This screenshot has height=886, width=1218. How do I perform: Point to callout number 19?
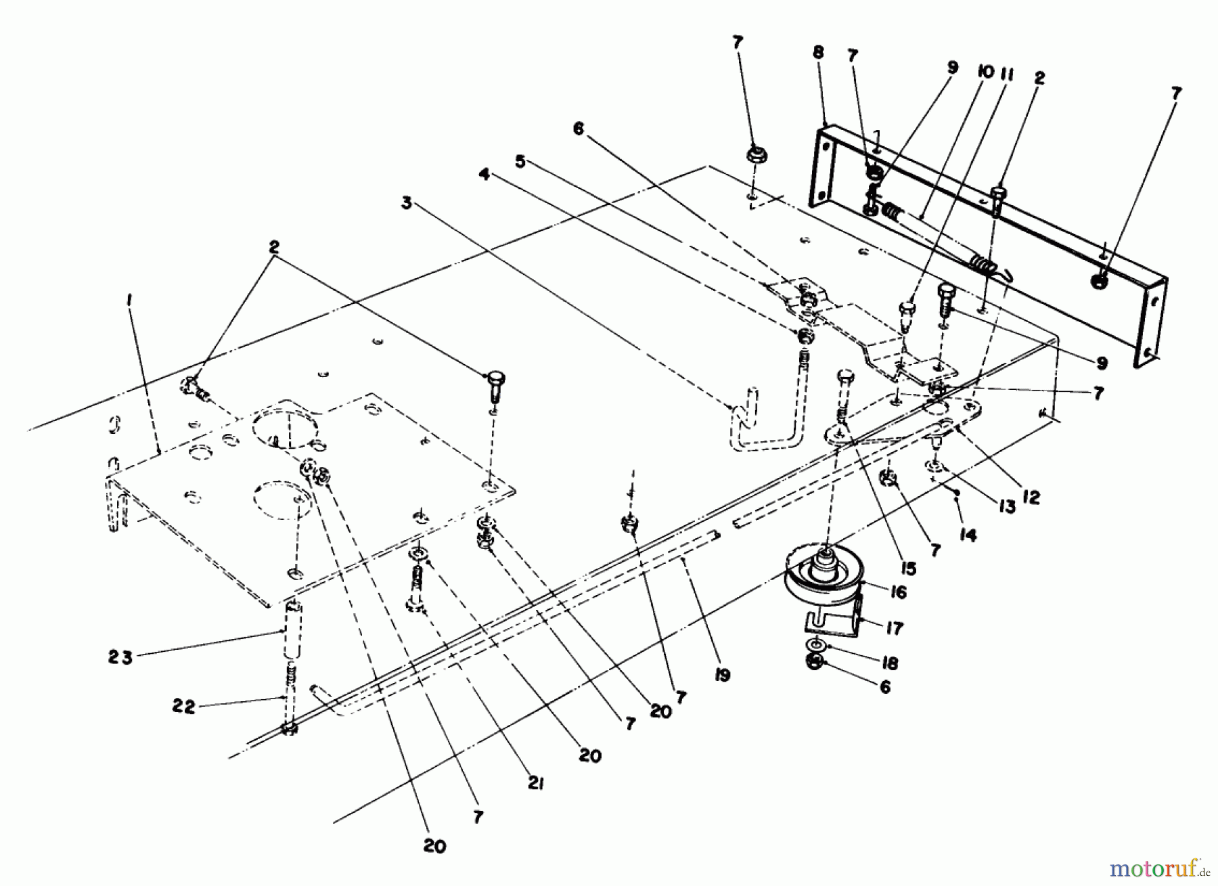pyautogui.click(x=723, y=674)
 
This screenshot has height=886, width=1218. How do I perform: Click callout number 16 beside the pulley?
pyautogui.click(x=898, y=593)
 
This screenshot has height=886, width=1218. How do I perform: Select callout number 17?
pyautogui.click(x=895, y=629)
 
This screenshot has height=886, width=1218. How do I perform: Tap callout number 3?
pyautogui.click(x=406, y=203)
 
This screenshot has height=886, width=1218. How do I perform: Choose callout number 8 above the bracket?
pyautogui.click(x=819, y=52)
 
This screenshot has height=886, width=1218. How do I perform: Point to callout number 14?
pyautogui.click(x=968, y=535)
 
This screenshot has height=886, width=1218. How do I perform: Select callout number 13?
pyautogui.click(x=1008, y=506)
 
